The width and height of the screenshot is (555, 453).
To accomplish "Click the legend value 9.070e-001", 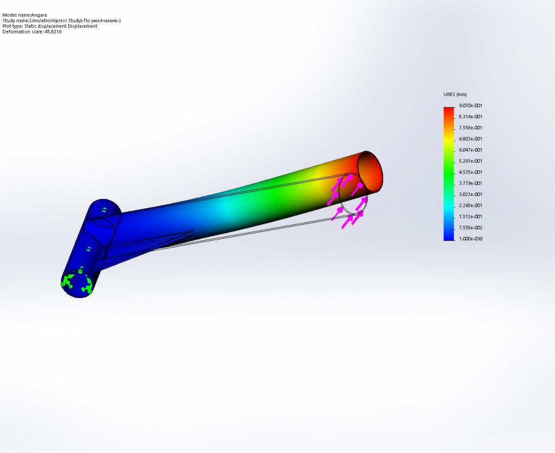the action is pyautogui.click(x=470, y=106).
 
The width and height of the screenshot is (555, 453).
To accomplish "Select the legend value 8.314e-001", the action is pyautogui.click(x=470, y=117).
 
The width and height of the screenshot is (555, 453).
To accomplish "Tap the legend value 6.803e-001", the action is pyautogui.click(x=470, y=139).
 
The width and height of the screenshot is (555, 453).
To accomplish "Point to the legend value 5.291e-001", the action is pyautogui.click(x=470, y=161).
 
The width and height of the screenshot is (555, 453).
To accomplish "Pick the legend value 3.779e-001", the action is pyautogui.click(x=470, y=183).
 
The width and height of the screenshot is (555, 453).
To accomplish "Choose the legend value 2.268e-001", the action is pyautogui.click(x=470, y=206).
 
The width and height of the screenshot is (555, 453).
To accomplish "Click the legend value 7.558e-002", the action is pyautogui.click(x=470, y=228).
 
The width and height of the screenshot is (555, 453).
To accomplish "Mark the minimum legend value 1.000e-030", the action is pyautogui.click(x=470, y=239).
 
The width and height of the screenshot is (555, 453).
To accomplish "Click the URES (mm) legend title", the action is pyautogui.click(x=455, y=94).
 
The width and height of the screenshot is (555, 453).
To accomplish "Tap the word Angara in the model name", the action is pyautogui.click(x=39, y=15).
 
